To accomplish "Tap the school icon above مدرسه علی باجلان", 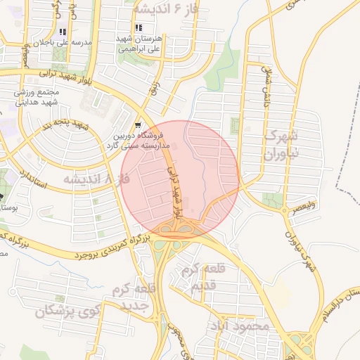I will point(63,32).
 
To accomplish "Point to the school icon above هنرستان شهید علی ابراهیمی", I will point(128,27).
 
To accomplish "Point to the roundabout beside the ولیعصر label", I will point(284,209).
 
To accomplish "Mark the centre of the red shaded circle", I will point(181,178).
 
